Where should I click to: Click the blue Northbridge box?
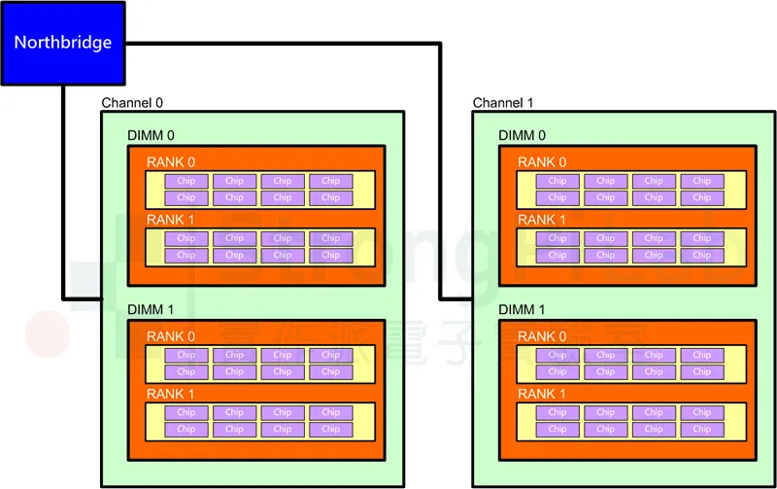(x=62, y=43)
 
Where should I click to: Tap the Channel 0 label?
(x=132, y=103)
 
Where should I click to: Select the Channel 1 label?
(x=503, y=103)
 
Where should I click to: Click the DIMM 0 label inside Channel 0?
(x=151, y=136)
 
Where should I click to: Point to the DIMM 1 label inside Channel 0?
(x=151, y=310)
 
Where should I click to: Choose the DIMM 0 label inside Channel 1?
(x=522, y=136)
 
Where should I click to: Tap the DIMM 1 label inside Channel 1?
(x=522, y=310)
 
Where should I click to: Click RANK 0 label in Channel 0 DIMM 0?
(x=170, y=162)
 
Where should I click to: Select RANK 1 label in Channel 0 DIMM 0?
(x=170, y=220)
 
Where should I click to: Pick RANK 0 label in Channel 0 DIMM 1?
(x=170, y=336)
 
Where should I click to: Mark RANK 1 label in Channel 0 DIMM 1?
(x=170, y=394)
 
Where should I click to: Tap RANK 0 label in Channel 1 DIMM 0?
(x=541, y=162)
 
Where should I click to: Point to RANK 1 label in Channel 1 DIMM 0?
(x=541, y=220)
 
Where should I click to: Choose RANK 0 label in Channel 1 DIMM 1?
(x=541, y=336)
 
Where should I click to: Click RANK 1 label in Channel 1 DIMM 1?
(x=541, y=394)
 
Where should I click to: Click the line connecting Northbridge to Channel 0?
(x=64, y=194)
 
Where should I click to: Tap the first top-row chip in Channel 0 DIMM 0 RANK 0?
(x=186, y=181)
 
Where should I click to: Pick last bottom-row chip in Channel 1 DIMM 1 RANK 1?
(x=702, y=430)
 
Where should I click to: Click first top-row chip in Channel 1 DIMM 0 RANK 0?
(x=557, y=181)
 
